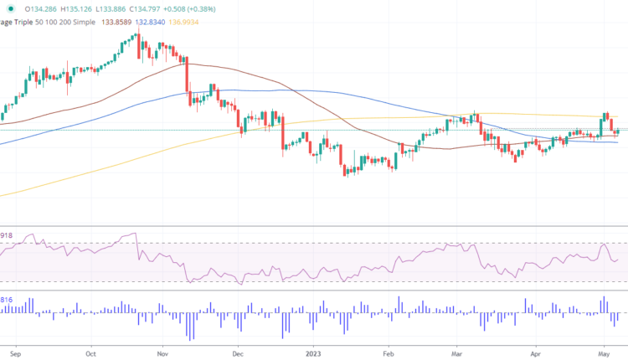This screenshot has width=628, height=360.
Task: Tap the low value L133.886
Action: point(137,8)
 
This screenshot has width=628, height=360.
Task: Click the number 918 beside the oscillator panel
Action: point(8,237)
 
